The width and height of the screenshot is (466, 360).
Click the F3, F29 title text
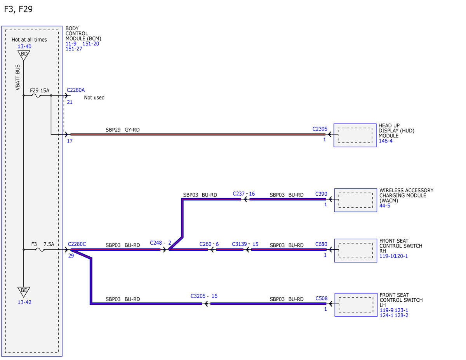[x=18, y=9]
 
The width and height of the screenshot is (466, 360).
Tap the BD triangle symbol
[x=24, y=55]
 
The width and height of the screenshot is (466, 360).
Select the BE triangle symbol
[x=24, y=292]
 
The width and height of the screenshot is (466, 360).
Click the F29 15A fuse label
[x=40, y=90]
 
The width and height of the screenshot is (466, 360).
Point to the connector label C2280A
[x=76, y=90]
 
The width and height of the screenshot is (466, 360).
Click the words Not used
[x=94, y=97]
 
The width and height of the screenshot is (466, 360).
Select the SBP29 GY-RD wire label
[x=122, y=130]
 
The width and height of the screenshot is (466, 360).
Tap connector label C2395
[x=320, y=129]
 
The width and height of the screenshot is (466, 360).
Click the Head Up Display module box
[x=355, y=135]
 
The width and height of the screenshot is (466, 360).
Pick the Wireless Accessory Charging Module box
[x=356, y=200]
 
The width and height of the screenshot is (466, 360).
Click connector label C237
[x=238, y=194]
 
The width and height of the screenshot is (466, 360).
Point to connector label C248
[x=156, y=243]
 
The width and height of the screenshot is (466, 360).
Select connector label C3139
[x=239, y=244]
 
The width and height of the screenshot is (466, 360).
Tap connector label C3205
[x=198, y=296]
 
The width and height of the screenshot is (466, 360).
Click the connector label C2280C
[x=77, y=244]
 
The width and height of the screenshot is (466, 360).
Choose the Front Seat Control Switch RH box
[x=356, y=250]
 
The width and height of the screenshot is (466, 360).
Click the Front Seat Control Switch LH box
[x=356, y=305]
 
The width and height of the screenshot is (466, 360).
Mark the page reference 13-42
[x=24, y=302]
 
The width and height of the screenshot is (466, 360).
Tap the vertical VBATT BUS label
[x=17, y=77]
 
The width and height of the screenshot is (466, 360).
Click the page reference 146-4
[x=386, y=141]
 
